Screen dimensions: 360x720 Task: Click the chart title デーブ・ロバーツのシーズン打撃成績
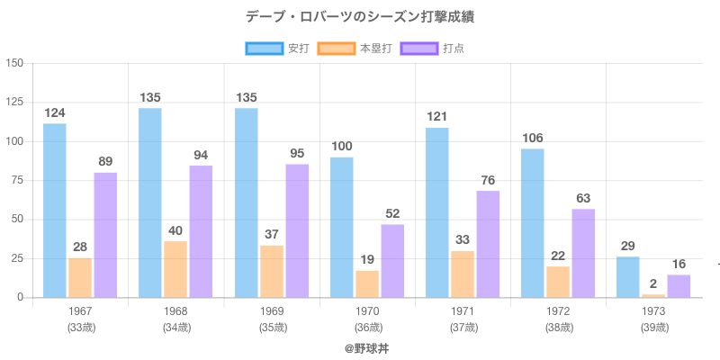[x=360, y=17]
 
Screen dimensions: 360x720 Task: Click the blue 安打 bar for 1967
[x=55, y=211]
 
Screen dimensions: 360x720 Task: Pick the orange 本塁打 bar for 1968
[x=175, y=269]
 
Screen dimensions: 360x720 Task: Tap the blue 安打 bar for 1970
[x=342, y=228]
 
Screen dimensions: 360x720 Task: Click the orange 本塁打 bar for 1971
[x=463, y=274]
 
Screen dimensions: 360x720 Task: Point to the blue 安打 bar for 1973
[x=628, y=277]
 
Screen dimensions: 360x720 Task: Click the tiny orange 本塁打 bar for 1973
[x=653, y=295]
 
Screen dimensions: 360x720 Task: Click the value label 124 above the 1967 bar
[x=55, y=113]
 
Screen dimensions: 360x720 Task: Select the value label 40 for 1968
[x=175, y=230]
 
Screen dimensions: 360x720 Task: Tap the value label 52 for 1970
[x=392, y=213]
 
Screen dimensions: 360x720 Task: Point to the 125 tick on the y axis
[x=14, y=103]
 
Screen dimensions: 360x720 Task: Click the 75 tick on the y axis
[x=17, y=180]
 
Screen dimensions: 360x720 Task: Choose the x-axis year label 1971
[x=463, y=311]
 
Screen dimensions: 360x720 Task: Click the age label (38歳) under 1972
[x=558, y=327]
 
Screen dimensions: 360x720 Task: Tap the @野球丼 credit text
[x=360, y=347]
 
